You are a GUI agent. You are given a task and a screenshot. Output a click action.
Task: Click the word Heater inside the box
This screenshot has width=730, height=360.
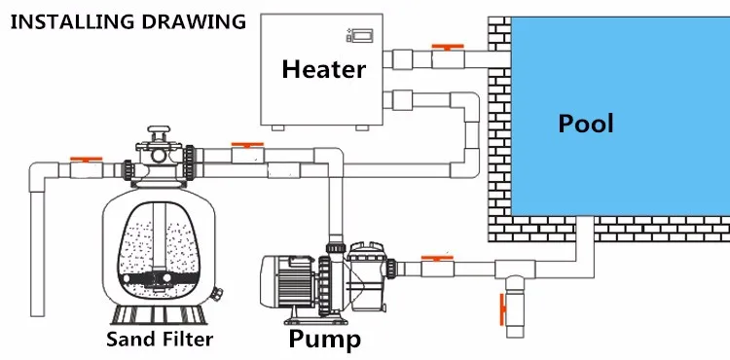tap(323, 69)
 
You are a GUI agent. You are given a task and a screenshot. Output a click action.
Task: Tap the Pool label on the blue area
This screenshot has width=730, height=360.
tap(586, 124)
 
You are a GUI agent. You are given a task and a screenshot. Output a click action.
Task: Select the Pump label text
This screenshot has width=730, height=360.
tap(324, 339)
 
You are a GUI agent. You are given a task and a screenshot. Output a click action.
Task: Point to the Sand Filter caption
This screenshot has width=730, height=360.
tap(160, 339)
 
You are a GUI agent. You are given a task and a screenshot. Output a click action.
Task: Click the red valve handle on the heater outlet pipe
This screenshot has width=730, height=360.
tap(448, 47)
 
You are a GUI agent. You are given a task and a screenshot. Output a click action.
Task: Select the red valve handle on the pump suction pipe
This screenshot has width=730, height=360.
tap(437, 257)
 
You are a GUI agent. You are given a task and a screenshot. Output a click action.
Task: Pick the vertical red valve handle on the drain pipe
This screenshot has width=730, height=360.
tap(502, 309)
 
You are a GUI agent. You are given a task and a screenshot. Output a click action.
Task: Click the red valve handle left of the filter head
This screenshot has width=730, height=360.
tap(86, 159)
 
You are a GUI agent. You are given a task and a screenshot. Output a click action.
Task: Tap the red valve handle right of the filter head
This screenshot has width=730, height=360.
tap(247, 145)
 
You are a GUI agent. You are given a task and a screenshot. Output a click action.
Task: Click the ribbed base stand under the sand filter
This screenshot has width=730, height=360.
tap(159, 314)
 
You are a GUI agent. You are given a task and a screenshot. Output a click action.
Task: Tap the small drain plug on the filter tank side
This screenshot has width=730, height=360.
tap(216, 294)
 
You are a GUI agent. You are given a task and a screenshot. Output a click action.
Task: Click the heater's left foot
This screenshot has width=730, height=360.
tap(278, 127)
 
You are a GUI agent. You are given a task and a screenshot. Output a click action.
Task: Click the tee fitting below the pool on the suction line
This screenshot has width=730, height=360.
tap(515, 270)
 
